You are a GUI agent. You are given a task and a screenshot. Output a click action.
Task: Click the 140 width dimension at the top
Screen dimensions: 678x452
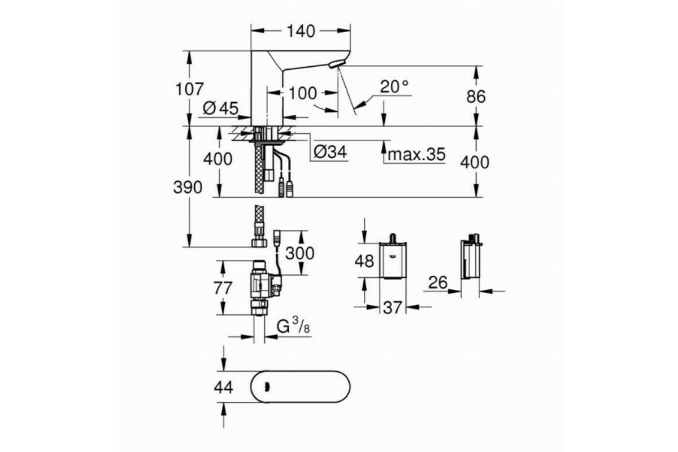301,32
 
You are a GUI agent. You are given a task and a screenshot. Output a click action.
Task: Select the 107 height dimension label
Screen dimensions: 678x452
189,89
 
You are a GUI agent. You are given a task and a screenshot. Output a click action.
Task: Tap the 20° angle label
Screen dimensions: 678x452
394,87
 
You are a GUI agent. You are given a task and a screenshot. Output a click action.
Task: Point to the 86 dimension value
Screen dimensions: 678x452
476,97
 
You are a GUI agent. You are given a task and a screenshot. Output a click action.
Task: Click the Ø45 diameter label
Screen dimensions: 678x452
221,108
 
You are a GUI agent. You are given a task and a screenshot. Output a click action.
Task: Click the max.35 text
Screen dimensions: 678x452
416,154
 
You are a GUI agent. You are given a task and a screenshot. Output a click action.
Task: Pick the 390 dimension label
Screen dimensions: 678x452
188,188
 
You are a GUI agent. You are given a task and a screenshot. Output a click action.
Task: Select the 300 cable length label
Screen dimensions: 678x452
299,253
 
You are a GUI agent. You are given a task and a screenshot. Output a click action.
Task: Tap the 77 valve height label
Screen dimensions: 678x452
223,288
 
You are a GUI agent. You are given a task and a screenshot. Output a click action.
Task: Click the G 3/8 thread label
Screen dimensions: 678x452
293,327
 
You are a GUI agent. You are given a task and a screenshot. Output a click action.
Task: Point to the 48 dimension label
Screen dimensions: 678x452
364,261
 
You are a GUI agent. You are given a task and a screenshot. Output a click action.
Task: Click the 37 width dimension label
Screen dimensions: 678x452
393,308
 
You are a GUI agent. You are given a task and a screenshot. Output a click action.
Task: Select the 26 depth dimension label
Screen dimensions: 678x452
438,282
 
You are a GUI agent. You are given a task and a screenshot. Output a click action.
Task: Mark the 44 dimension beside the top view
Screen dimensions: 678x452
223,387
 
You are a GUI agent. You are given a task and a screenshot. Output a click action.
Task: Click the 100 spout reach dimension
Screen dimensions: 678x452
303,93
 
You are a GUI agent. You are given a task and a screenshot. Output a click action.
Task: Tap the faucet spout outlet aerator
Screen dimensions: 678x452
336,64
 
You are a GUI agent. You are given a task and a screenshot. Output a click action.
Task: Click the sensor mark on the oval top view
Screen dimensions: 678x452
267,387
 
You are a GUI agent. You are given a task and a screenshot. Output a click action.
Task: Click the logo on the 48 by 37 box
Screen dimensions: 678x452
393,257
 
